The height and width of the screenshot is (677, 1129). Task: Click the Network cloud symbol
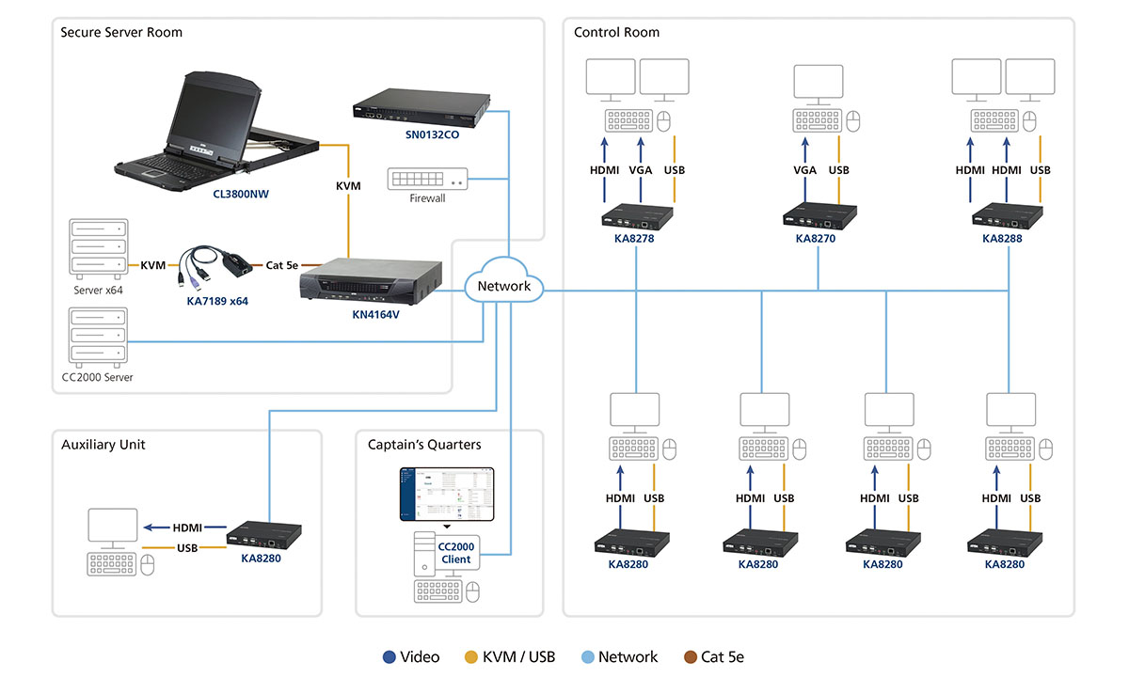[504, 286]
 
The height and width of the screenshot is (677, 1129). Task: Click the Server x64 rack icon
[98, 250]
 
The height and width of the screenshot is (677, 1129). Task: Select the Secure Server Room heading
[121, 32]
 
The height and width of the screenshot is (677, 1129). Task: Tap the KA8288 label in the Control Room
[1002, 239]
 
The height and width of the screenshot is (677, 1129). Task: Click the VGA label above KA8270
[805, 170]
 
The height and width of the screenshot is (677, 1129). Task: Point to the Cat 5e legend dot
[692, 657]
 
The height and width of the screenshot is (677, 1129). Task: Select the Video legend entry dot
[390, 657]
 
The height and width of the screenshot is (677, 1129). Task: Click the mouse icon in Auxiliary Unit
[148, 564]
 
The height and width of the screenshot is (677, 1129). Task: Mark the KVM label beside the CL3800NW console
[348, 186]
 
